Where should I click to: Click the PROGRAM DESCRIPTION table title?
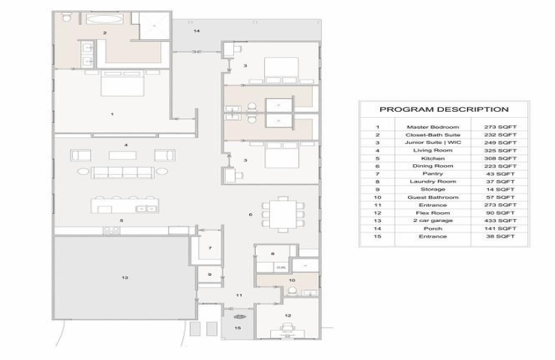point(444,109)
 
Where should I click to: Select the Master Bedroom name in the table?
point(433,127)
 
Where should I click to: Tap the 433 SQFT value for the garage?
point(500,220)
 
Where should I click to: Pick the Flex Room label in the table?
point(433,213)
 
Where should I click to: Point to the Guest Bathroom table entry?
point(433,197)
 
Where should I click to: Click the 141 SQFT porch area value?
point(500,228)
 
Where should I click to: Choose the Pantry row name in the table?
point(433,174)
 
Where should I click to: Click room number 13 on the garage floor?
point(124,277)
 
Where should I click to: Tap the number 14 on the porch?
point(196,31)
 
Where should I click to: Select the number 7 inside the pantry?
point(210,247)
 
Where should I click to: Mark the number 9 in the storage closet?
point(209,274)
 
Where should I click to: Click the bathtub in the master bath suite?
point(103,19)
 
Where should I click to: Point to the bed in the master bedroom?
point(122,83)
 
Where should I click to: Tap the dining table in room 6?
point(283,214)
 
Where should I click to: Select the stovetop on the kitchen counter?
point(112,231)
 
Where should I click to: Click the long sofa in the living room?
point(122,172)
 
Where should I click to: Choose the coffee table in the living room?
point(122,155)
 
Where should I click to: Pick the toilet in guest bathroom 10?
point(292,291)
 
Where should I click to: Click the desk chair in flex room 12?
point(287,327)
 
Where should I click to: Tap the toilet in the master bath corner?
point(67,17)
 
